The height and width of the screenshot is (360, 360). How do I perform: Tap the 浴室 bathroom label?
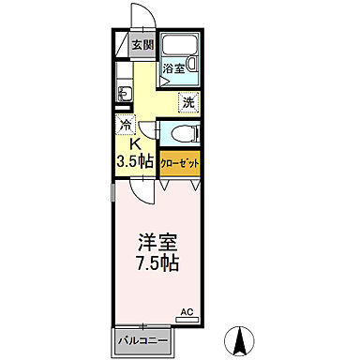174,68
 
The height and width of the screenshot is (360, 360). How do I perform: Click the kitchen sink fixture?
123,92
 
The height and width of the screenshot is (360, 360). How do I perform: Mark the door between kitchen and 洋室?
143,191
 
